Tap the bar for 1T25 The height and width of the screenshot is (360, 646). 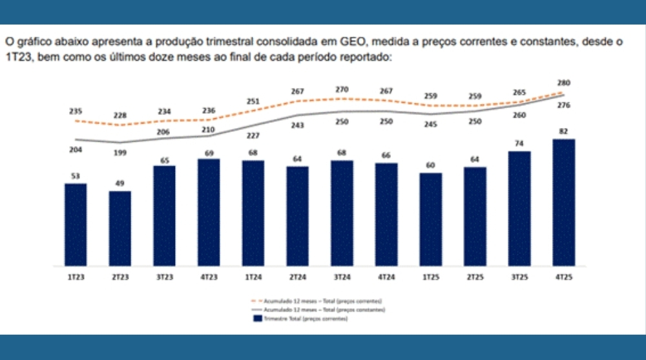click(x=430, y=219)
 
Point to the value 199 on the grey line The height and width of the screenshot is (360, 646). click(x=120, y=153)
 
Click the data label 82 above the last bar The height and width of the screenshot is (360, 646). click(x=564, y=131)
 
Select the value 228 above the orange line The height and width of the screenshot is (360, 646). click(x=120, y=116)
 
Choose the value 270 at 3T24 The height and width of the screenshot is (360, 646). click(x=342, y=89)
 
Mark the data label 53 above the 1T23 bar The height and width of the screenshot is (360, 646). click(x=76, y=176)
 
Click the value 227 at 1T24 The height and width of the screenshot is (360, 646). click(x=253, y=136)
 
